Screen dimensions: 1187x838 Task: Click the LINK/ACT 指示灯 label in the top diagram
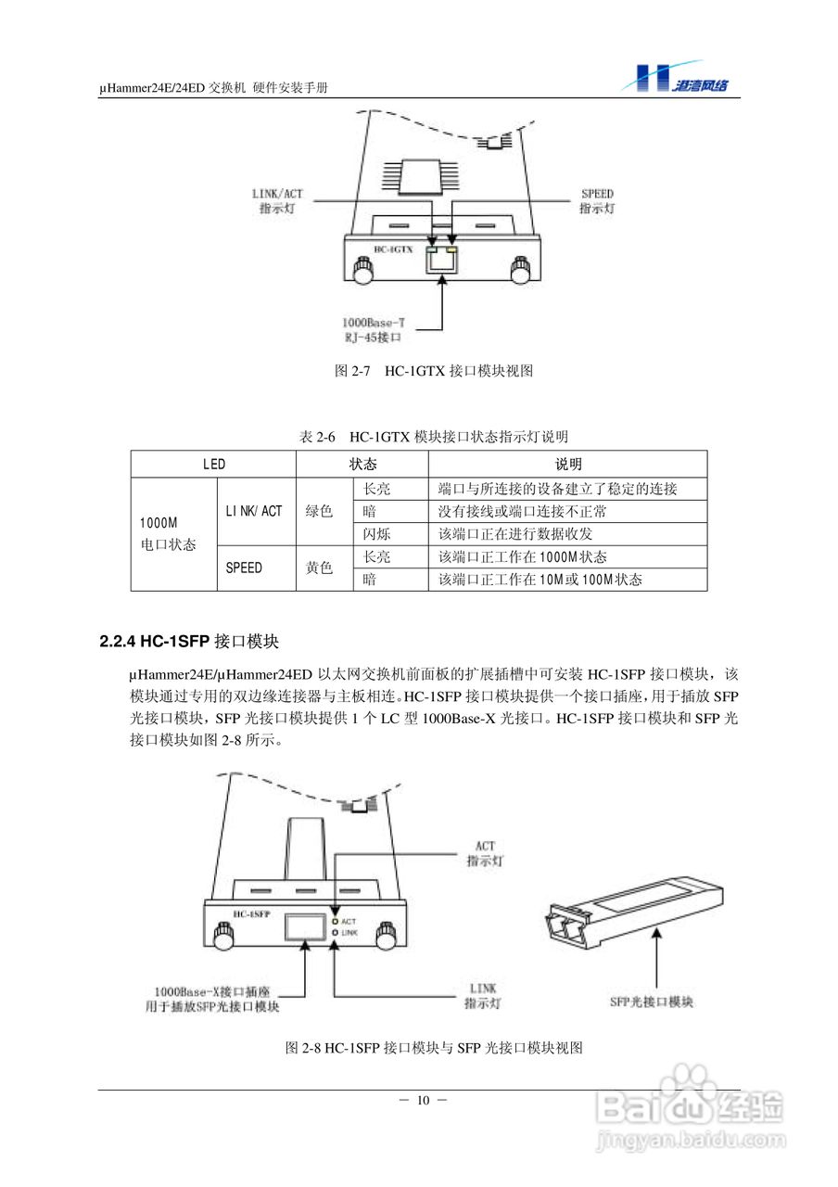click(x=277, y=201)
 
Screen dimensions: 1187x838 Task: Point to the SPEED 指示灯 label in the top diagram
click(x=597, y=201)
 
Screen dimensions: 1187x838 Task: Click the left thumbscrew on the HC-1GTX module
click(x=362, y=271)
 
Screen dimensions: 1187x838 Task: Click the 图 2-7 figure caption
click(x=433, y=371)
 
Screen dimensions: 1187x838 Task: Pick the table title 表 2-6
click(x=434, y=436)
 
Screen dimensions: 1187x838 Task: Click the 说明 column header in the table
click(x=567, y=464)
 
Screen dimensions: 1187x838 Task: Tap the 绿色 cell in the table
click(x=319, y=511)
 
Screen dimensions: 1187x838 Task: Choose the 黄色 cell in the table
click(x=319, y=568)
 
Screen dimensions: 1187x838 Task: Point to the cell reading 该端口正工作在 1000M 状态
click(x=522, y=556)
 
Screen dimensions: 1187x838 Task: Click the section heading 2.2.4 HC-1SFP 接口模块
click(x=189, y=642)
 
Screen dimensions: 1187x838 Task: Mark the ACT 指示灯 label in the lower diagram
click(x=484, y=852)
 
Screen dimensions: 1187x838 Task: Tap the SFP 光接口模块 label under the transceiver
click(x=653, y=1002)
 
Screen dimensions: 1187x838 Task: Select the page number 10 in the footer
click(x=423, y=1101)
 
